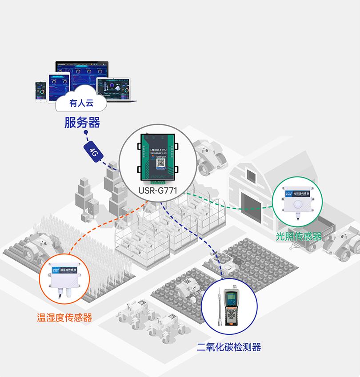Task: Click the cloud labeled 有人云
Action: pos(81,104)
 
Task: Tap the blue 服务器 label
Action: pos(82,122)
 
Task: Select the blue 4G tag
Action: pos(94,152)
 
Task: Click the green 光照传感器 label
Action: pos(298,236)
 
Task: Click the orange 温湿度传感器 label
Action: pos(64,317)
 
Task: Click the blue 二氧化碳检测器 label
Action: pos(229,347)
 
